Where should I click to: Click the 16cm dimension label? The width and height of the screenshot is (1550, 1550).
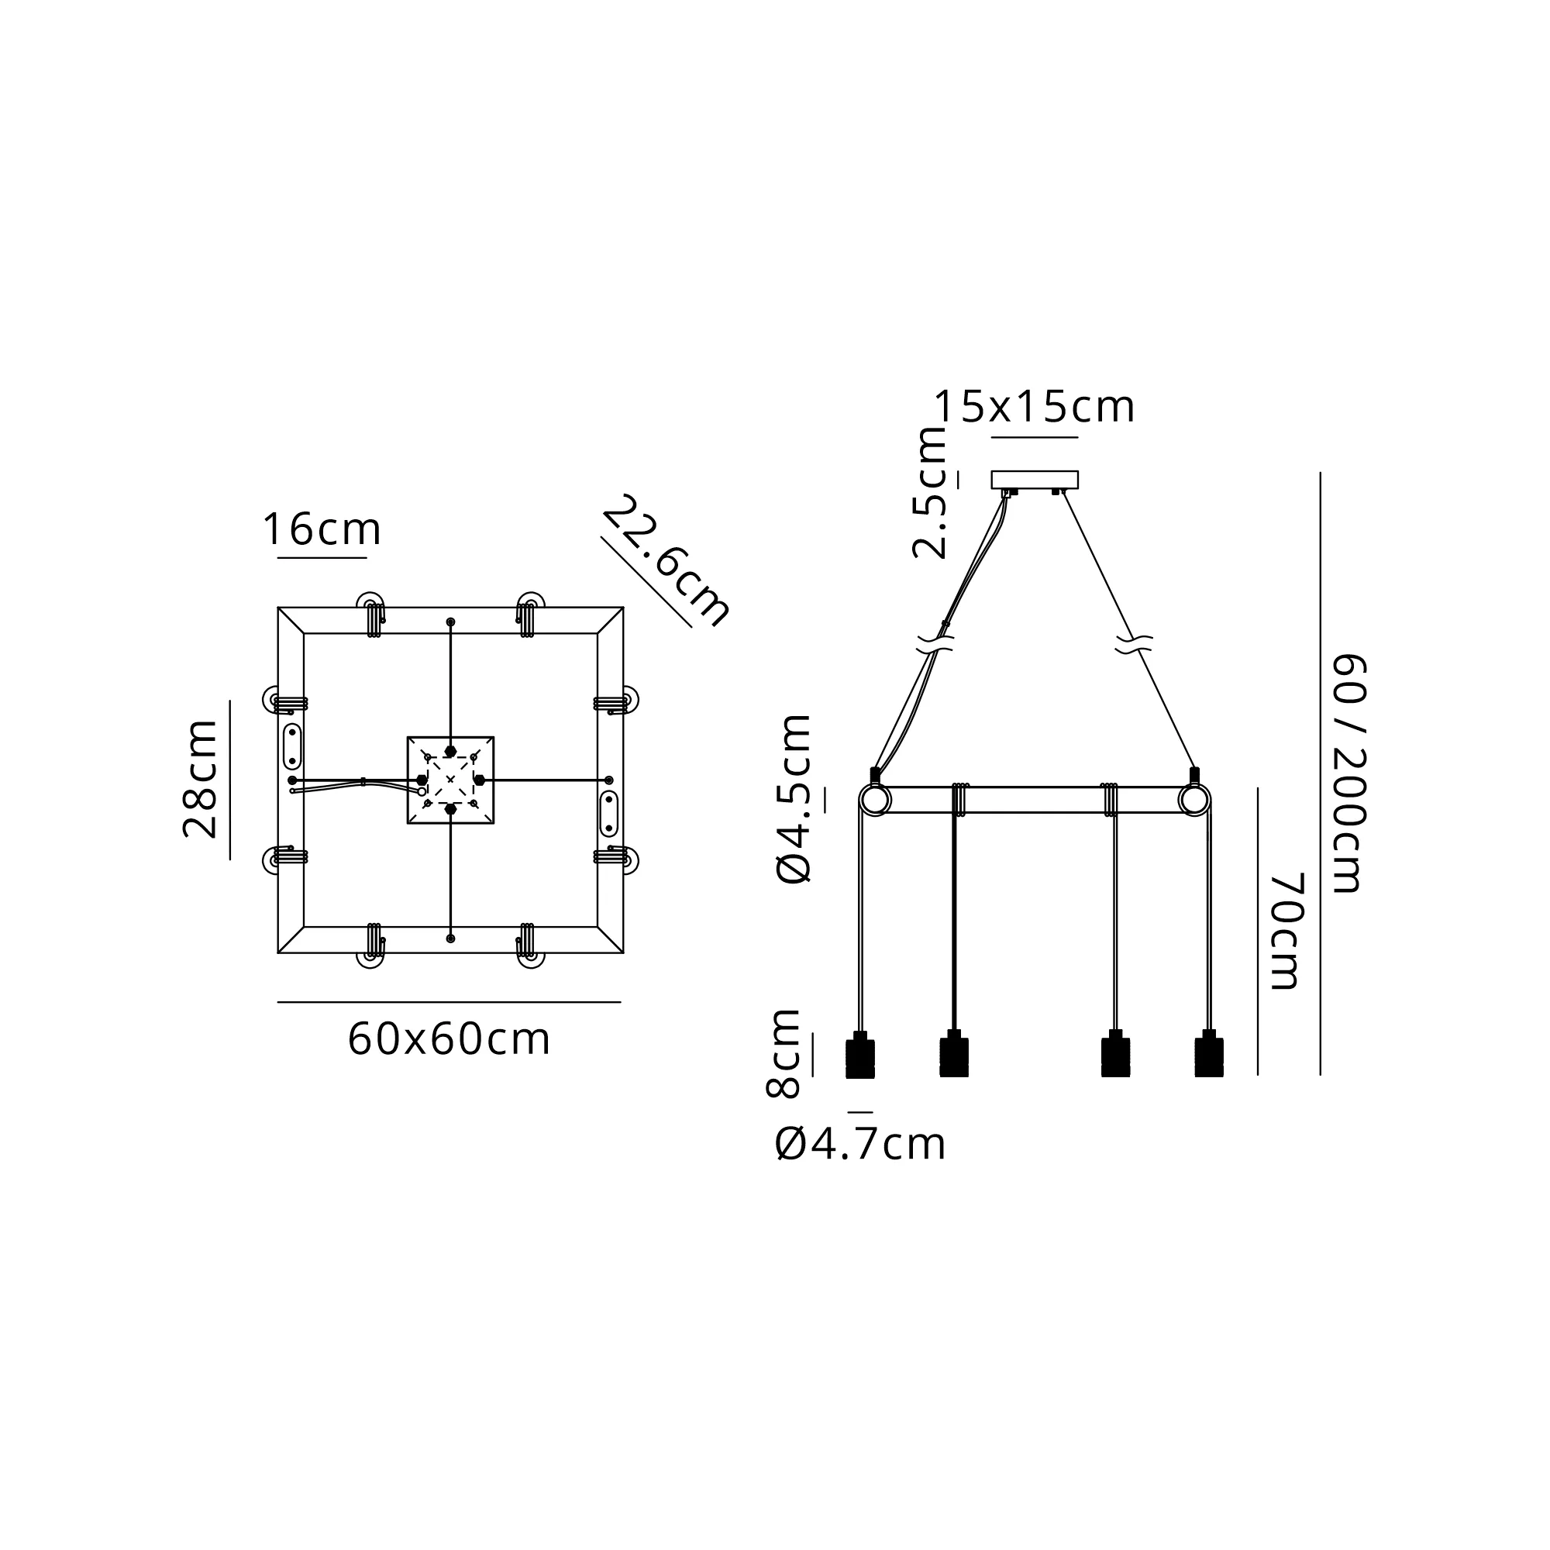click(322, 529)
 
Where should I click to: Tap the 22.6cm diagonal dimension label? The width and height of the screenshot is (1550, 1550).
click(666, 561)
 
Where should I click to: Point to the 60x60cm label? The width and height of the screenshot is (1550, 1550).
click(449, 1039)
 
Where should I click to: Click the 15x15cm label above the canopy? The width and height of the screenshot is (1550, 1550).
click(1035, 407)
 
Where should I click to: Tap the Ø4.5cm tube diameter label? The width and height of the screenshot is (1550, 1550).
click(794, 799)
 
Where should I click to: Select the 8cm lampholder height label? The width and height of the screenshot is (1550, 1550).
click(783, 1053)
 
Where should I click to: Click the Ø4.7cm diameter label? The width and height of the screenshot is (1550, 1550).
click(861, 1144)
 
